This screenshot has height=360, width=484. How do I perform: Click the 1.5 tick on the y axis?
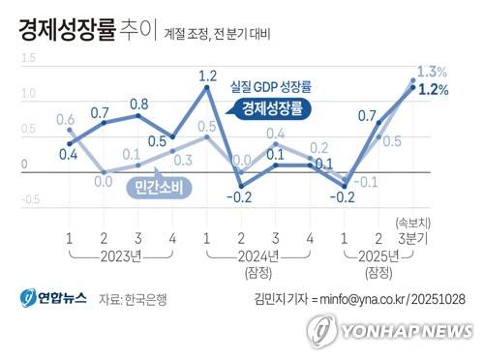pyautogui.click(x=25, y=60)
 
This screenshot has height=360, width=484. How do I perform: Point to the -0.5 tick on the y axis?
pyautogui.click(x=29, y=200)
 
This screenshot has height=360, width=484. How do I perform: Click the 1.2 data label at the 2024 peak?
pyautogui.click(x=207, y=75)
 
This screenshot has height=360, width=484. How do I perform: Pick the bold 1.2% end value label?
pyautogui.click(x=433, y=90)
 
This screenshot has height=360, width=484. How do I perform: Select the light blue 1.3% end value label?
pyautogui.click(x=432, y=72)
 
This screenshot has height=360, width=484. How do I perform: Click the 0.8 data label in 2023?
pyautogui.click(x=138, y=104)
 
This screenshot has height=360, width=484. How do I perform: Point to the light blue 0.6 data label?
pyautogui.click(x=66, y=119)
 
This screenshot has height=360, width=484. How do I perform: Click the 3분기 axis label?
pyautogui.click(x=412, y=239)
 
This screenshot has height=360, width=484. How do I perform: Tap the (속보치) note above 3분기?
pyautogui.click(x=413, y=223)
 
